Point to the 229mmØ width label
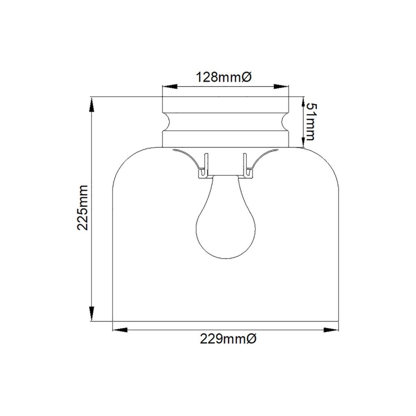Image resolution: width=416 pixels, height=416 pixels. point(228,340)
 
